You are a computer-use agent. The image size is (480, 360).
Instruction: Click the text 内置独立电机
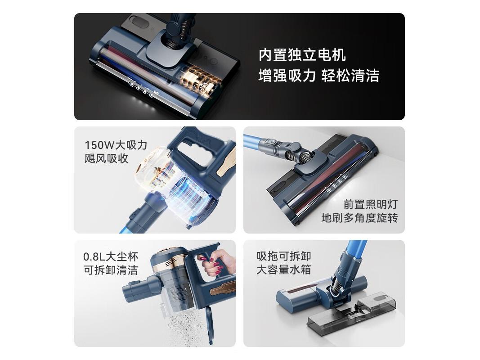click(302, 55)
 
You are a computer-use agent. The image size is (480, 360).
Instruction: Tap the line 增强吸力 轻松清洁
click(319, 75)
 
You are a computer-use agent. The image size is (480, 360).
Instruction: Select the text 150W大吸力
click(116, 145)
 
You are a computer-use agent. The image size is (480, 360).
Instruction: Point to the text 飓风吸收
click(106, 158)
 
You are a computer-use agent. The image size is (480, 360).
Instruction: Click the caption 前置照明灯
click(370, 204)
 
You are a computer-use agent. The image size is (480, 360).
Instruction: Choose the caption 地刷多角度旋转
click(360, 218)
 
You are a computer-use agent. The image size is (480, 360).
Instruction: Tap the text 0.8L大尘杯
click(111, 256)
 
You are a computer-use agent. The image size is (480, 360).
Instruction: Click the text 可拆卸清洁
click(111, 270)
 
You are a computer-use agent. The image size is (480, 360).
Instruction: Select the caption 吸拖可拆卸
click(284, 256)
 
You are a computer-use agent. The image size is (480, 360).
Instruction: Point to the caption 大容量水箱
click(284, 270)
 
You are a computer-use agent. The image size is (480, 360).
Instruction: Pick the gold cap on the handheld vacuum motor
click(171, 257)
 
